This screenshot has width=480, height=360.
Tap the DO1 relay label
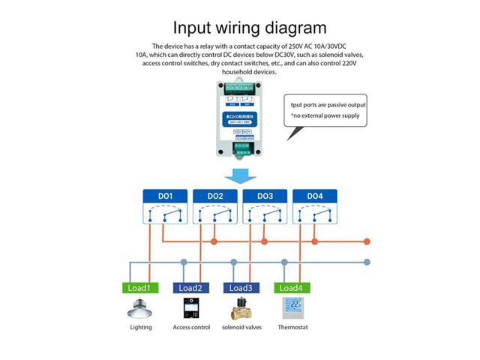(x=166, y=196)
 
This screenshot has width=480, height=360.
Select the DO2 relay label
(x=215, y=196)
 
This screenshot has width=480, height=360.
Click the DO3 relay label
(x=265, y=196)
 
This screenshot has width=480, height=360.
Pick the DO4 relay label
(x=314, y=196)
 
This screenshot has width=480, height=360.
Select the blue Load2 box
(x=190, y=288)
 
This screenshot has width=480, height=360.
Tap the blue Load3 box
(x=240, y=288)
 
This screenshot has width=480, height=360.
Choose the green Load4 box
(x=290, y=288)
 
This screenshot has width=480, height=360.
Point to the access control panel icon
(x=190, y=308)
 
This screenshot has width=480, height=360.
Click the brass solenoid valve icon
(x=240, y=308)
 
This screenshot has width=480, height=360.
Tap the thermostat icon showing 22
(x=292, y=308)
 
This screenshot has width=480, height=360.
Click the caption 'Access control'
(x=190, y=327)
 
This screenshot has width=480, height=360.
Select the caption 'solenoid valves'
(x=241, y=327)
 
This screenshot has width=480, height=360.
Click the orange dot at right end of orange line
(x=367, y=241)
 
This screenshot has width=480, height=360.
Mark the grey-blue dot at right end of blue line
(x=367, y=262)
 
